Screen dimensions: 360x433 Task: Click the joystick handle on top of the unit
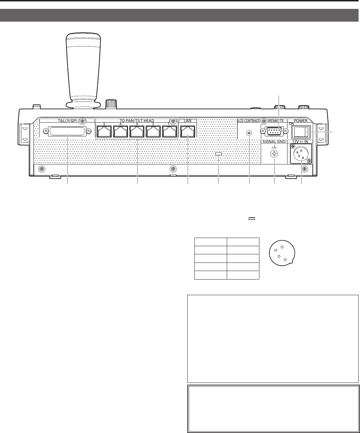pos(83,70)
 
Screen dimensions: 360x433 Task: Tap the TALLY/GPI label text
pos(67,120)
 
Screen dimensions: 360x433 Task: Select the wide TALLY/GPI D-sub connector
pos(67,131)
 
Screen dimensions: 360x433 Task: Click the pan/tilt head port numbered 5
pos(104,131)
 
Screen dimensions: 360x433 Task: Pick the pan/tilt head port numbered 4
pos(120,131)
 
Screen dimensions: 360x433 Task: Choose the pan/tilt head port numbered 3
pos(137,131)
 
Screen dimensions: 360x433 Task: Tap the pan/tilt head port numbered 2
pos(153,131)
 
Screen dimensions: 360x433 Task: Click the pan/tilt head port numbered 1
pos(170,131)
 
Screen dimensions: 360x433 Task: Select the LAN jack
pos(188,131)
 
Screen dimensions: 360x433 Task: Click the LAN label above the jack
pos(188,120)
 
